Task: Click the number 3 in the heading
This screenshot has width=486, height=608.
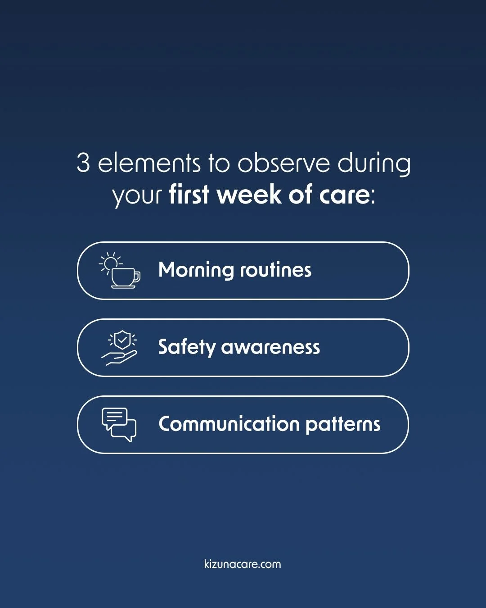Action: [x=83, y=163]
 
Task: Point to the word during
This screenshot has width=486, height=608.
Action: [x=374, y=164]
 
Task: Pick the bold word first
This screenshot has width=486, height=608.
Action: [x=189, y=195]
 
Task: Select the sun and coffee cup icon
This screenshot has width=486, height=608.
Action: [x=120, y=270]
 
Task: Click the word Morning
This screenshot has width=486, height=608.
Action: [x=196, y=270]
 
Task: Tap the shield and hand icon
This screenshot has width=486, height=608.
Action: [x=120, y=348]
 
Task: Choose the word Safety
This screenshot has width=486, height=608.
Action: [x=187, y=347]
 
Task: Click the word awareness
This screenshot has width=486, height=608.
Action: [x=270, y=347]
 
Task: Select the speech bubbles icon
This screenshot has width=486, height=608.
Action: [x=119, y=424]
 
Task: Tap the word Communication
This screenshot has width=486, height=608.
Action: [x=229, y=424]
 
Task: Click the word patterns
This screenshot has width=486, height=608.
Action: [x=343, y=424]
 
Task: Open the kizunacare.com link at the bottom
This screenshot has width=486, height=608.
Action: [x=243, y=564]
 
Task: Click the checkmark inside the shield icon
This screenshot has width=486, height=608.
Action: [x=122, y=340]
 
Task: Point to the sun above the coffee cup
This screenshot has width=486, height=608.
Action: [x=110, y=262]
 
